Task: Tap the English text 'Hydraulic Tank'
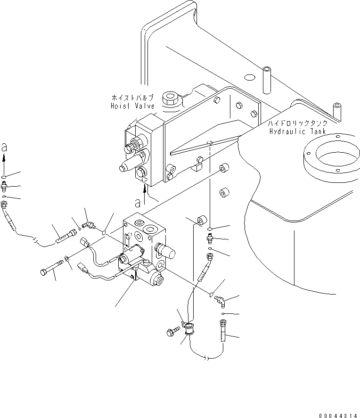pos(298,131)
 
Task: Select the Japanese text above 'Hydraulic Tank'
pos(298,123)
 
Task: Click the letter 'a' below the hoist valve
pos(138,203)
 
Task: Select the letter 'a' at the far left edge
pos(4,148)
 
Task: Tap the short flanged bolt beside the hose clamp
pos(172,332)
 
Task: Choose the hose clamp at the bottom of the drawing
pos(189,329)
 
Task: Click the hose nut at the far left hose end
pos(5,204)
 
